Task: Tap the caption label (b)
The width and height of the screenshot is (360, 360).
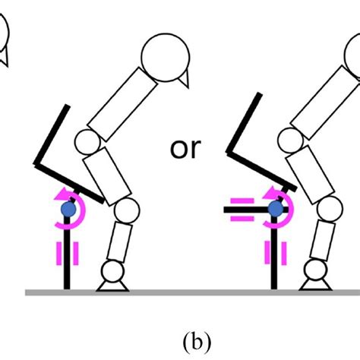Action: click(180, 335)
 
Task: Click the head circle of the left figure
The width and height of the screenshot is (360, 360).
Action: click(166, 56)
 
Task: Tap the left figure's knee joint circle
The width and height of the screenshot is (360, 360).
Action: click(130, 210)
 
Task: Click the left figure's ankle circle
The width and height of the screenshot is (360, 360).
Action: click(112, 270)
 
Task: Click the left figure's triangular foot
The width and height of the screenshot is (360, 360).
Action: click(112, 285)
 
